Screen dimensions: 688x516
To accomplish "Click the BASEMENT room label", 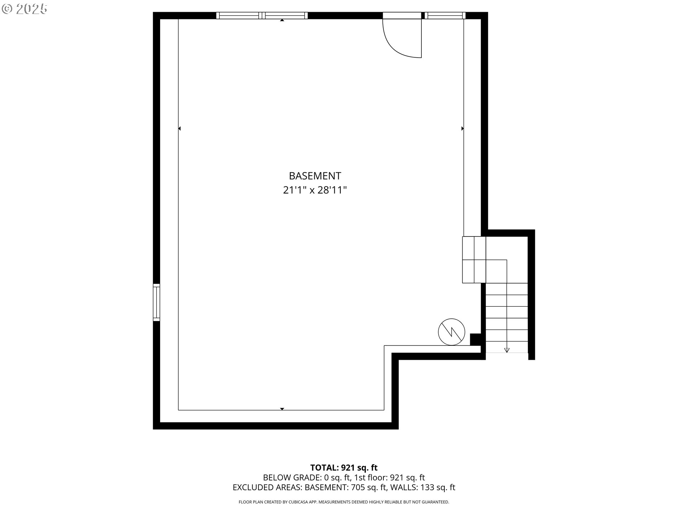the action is tap(315, 176).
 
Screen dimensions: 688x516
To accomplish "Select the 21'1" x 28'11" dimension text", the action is tap(315, 190).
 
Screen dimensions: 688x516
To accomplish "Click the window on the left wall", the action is tap(156, 302).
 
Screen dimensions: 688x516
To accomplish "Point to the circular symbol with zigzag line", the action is tap(451, 332).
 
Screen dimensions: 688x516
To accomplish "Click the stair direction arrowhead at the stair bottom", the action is tap(507, 350).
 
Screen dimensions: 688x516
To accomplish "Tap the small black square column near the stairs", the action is tap(475, 339).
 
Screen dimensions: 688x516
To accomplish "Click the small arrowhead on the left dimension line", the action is tap(179, 128).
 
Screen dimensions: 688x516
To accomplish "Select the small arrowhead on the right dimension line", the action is tap(463, 128).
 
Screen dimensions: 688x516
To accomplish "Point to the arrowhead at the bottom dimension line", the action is tap(282, 409).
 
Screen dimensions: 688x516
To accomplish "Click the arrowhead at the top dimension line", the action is tap(282, 20).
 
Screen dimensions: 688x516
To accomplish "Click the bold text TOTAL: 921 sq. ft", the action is tap(344, 468).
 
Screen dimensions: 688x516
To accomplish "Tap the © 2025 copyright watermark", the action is tap(25, 9).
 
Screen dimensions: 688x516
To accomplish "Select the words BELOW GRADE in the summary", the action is tap(292, 478).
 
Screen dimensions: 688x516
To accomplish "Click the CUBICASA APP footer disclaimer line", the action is tap(344, 502).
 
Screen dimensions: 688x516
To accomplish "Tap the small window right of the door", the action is tap(445, 15).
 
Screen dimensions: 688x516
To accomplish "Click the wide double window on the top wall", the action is tap(262, 15).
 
